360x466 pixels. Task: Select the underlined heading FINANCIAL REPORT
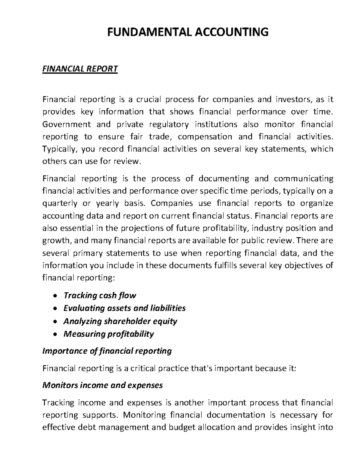click(x=80, y=69)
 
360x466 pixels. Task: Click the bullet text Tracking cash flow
click(x=100, y=296)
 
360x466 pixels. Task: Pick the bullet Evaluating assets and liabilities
click(x=124, y=308)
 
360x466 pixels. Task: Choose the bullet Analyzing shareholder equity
click(x=120, y=321)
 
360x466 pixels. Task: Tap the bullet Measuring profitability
click(x=108, y=334)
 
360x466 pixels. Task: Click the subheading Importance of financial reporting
click(x=107, y=351)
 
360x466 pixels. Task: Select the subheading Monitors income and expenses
click(x=103, y=385)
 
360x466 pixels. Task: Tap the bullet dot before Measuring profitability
click(x=54, y=334)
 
